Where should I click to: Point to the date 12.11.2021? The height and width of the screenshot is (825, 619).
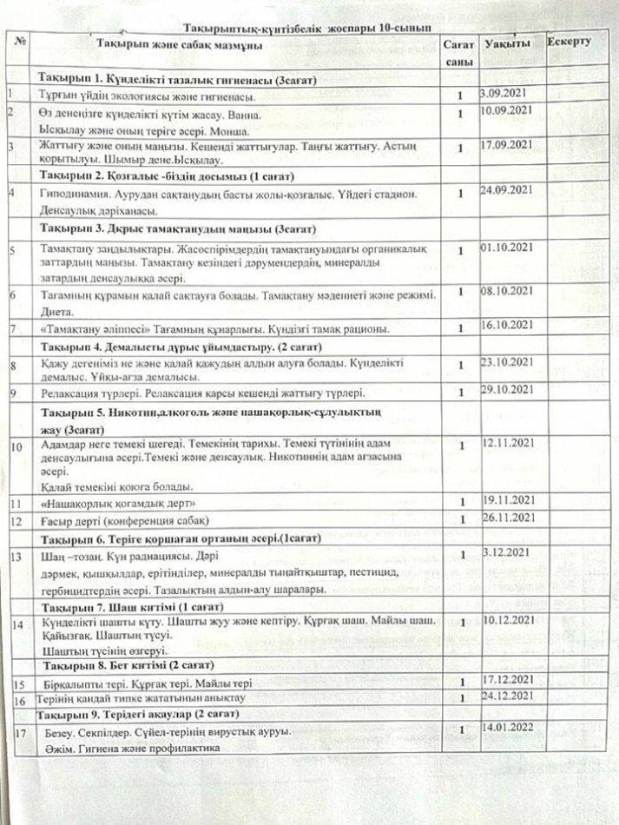click(x=507, y=444)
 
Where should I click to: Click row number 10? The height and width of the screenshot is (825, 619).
click(x=16, y=447)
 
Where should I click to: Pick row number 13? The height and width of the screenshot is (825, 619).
click(x=16, y=556)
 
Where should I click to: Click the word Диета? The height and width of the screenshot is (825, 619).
click(x=57, y=311)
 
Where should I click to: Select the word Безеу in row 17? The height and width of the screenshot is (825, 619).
click(x=58, y=732)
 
